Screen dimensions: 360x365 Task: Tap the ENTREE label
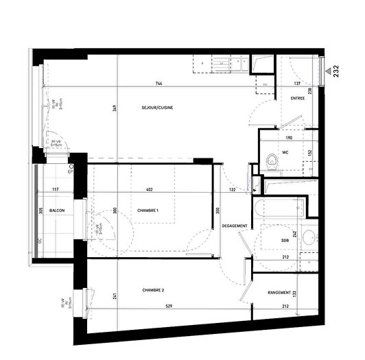[298, 99]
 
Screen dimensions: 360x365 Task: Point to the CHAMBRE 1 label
[148, 211]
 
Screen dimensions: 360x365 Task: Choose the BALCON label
[58, 211]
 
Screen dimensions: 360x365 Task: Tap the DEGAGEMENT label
[235, 227]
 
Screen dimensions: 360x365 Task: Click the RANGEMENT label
[282, 293]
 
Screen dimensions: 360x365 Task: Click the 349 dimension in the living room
[113, 108]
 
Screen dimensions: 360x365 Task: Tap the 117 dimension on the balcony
[55, 189]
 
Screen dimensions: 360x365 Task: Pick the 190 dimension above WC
[289, 138]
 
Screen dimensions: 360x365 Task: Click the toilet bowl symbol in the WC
[272, 160]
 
